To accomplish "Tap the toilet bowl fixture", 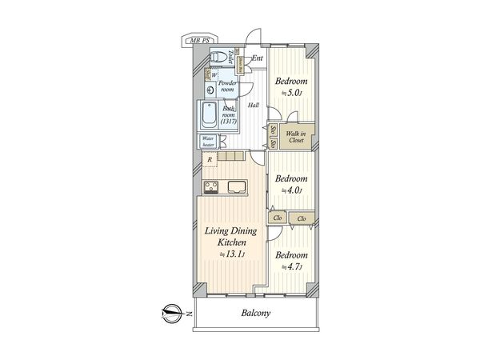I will click(x=216, y=57).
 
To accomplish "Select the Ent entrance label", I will click(x=258, y=58).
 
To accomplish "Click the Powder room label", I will click(x=229, y=86).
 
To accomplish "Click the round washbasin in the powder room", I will click(x=210, y=90).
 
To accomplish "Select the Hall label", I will click(x=253, y=105).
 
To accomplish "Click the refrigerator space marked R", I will click(x=210, y=160).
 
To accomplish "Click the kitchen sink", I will click(x=239, y=188).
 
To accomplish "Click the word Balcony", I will click(x=255, y=314).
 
